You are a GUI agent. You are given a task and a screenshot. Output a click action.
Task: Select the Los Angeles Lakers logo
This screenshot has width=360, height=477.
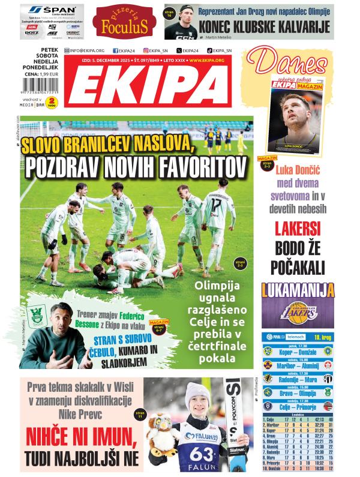coord(297,311)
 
